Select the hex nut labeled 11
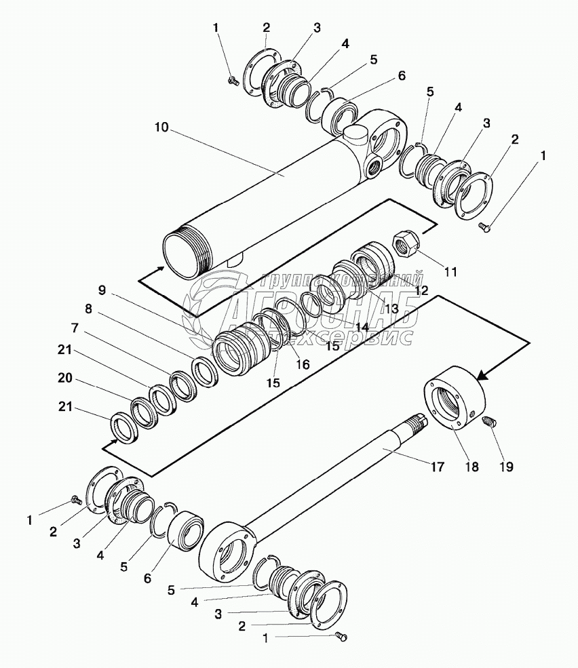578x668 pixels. point(406,242)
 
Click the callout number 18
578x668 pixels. point(471,467)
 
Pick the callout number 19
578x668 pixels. point(506,467)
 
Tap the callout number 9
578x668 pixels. point(102,290)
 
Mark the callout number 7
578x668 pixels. point(76,328)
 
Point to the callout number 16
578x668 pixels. point(303,364)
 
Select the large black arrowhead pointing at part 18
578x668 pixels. point(484,375)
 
